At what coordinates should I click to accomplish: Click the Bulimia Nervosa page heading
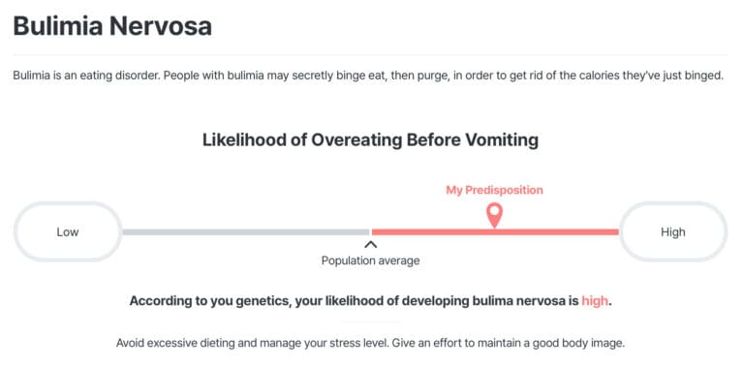(112, 25)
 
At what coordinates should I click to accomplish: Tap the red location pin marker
(494, 215)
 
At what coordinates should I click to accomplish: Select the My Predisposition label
(494, 190)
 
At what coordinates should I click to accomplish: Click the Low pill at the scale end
(68, 231)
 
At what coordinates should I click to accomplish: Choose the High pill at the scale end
(672, 231)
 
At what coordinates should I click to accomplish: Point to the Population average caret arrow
(370, 245)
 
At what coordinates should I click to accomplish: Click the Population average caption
(370, 260)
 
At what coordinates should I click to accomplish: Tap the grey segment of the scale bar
(242, 232)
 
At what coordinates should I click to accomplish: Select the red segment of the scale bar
(562, 232)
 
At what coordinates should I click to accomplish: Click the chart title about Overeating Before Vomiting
(370, 140)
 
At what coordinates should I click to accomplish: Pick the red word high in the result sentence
(595, 301)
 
